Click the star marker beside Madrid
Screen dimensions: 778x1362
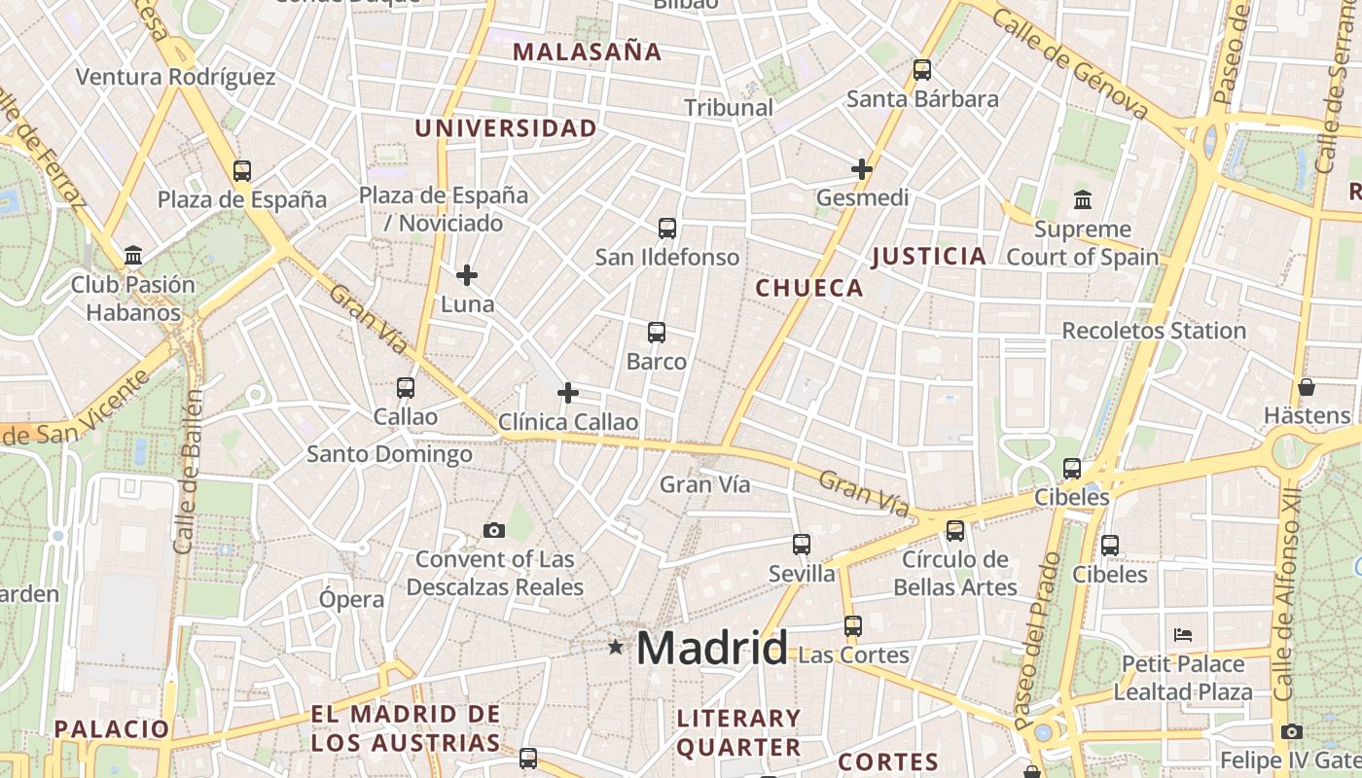[x=615, y=647]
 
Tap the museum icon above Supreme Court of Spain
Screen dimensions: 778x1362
[x=1083, y=200]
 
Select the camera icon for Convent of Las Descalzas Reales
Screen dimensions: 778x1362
[x=494, y=530]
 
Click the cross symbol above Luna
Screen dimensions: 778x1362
[x=467, y=275]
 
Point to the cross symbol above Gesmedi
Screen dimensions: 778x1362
[x=861, y=169]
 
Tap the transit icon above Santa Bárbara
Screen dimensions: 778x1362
[x=922, y=70]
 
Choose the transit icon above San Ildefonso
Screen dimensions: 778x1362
[x=666, y=229]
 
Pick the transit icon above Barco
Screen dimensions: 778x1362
[x=657, y=333]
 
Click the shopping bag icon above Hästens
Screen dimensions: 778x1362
[x=1307, y=387]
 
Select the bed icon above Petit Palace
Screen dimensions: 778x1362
[x=1183, y=635]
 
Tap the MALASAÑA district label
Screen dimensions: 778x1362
[x=587, y=52]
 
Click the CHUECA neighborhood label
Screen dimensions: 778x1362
[x=809, y=288]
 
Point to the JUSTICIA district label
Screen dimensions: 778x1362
[x=929, y=257]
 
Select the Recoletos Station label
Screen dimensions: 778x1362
[x=1154, y=331]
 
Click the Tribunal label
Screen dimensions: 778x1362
[x=729, y=108]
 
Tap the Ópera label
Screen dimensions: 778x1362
[x=351, y=599]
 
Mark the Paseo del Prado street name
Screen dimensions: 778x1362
[x=1036, y=642]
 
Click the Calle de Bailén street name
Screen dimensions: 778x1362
[x=188, y=472]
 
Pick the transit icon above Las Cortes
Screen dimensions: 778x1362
[x=853, y=626]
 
